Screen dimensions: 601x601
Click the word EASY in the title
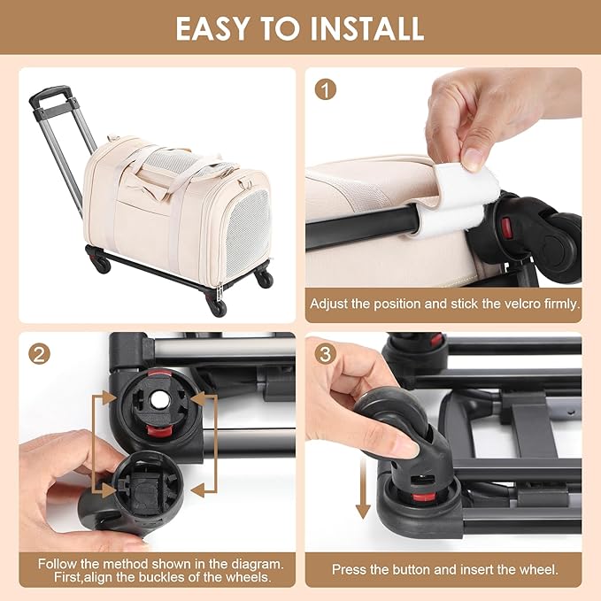[212, 28]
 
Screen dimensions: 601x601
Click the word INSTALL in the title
[366, 28]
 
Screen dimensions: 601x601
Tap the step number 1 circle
[326, 89]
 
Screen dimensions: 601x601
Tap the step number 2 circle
[39, 354]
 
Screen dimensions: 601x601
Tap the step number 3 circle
[326, 354]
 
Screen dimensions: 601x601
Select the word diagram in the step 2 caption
[257, 564]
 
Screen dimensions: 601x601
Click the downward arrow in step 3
[363, 489]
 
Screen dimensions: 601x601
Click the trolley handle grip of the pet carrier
[50, 94]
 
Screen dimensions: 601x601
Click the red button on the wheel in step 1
[506, 228]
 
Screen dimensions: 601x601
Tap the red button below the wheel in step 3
[424, 497]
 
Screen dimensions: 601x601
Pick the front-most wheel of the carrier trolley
[218, 306]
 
